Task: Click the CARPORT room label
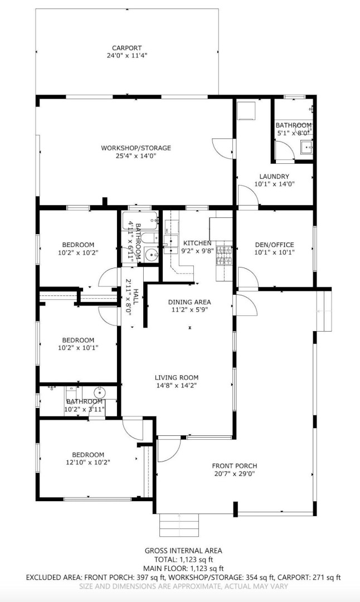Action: (x=127, y=48)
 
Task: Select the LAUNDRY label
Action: (x=274, y=177)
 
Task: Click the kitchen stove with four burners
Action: (x=225, y=255)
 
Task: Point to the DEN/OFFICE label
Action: (x=274, y=245)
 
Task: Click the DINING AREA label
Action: (x=189, y=302)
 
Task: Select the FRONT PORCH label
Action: (x=235, y=466)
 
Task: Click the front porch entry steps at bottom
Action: (x=179, y=525)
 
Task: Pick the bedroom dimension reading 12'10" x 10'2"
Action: (x=88, y=463)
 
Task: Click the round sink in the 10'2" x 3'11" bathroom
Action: (x=100, y=393)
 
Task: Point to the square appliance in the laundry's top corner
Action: (x=246, y=110)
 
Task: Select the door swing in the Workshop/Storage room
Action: (x=223, y=147)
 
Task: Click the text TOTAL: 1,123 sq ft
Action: (x=183, y=560)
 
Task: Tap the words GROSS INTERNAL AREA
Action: (x=183, y=551)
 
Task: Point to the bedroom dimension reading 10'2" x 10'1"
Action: (x=78, y=348)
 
